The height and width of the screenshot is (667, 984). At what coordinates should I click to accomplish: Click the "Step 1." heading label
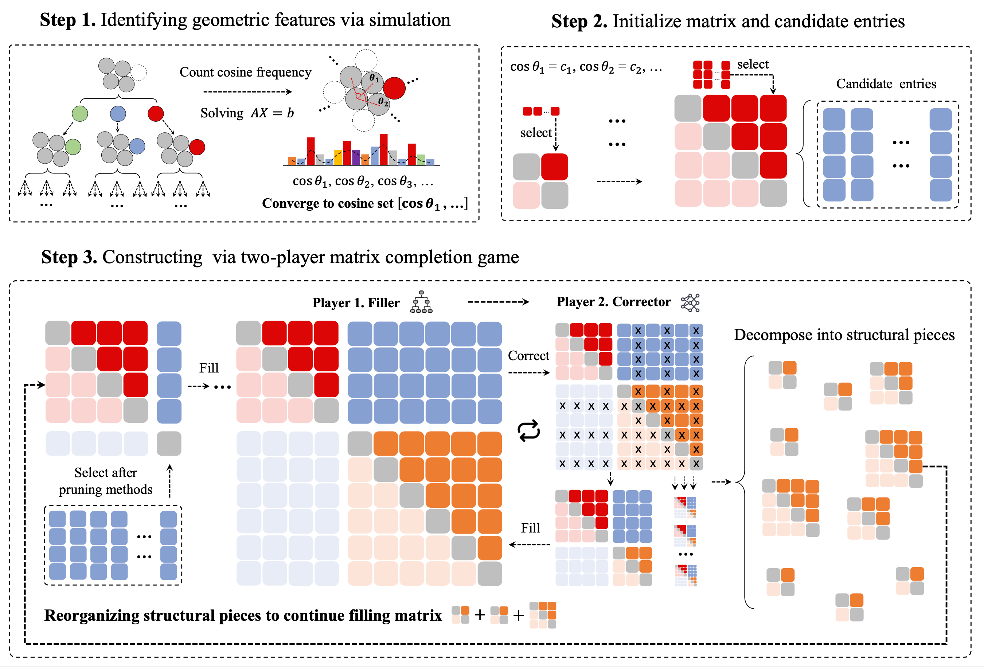(x=68, y=20)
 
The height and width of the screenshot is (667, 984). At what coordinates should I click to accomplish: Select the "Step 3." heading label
(x=69, y=257)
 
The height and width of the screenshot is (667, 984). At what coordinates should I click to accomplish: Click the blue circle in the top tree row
(x=118, y=113)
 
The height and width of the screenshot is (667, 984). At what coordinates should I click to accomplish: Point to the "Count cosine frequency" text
(x=245, y=73)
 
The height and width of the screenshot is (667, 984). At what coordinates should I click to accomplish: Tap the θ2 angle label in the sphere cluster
(x=383, y=101)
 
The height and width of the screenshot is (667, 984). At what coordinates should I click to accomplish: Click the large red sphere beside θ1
(x=394, y=88)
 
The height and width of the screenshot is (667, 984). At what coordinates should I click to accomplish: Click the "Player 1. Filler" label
(x=356, y=303)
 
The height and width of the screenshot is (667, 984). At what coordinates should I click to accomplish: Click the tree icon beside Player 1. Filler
(x=421, y=302)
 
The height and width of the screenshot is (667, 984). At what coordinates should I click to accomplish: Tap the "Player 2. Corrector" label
(x=613, y=301)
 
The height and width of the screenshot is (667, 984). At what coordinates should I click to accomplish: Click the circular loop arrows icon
(x=529, y=431)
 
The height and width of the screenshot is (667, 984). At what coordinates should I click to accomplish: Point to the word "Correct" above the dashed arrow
(x=528, y=356)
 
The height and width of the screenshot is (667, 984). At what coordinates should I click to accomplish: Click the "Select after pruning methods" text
(x=105, y=481)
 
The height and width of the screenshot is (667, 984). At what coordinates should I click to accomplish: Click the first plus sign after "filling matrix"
(x=480, y=615)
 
